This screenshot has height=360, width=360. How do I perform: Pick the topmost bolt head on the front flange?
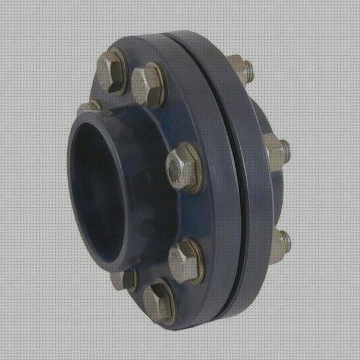[x=112, y=64]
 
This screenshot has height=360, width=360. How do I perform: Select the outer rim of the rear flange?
[x=250, y=190]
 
